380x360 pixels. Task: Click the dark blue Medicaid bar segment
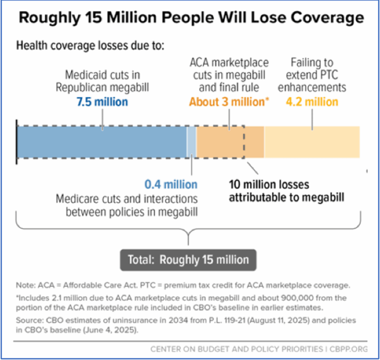[x=101, y=141]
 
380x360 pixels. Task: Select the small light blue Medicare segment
[x=191, y=141]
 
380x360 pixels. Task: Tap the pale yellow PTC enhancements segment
[x=312, y=141]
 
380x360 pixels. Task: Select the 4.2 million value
[x=312, y=102]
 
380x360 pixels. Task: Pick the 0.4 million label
[x=171, y=185]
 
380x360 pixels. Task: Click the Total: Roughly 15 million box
[x=189, y=260]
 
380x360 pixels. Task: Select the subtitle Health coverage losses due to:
[x=91, y=46]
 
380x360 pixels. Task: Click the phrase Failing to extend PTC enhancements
[x=312, y=75]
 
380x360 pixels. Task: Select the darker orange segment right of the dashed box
[x=254, y=141]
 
